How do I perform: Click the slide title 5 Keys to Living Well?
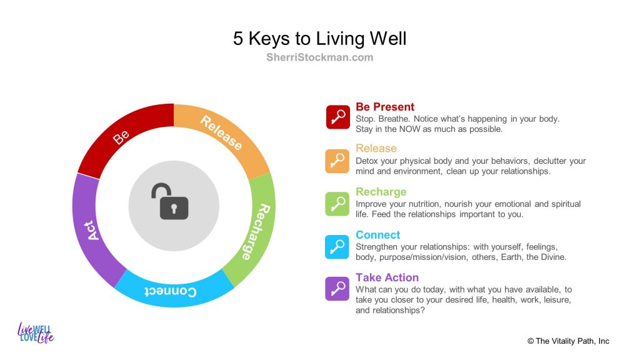[319, 39]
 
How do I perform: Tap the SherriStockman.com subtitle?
[319, 57]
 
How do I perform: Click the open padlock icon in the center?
[170, 201]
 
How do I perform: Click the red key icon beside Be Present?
[337, 117]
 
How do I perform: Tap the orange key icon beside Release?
[337, 161]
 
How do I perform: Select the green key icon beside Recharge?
[337, 204]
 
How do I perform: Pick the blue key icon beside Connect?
[337, 247]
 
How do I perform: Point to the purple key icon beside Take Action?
[337, 289]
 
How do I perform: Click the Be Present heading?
[385, 107]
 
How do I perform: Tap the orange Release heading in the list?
[376, 148]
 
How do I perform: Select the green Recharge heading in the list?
[381, 192]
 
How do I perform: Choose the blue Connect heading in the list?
[377, 235]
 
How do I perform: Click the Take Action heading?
[387, 277]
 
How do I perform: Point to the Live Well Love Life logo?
[36, 332]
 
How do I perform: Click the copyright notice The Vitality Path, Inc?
[568, 341]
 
